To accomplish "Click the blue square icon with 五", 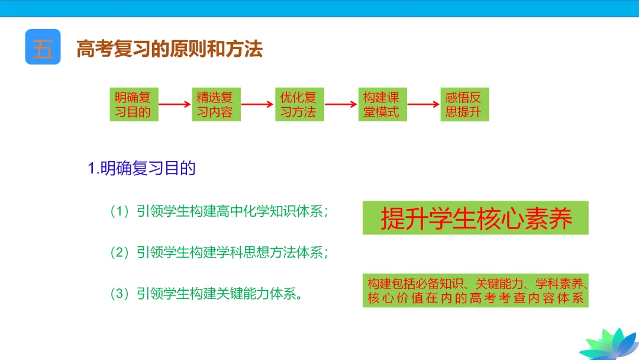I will (x=43, y=47).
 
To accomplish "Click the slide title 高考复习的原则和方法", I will (x=169, y=49).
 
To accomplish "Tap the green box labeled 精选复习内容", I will (x=216, y=105).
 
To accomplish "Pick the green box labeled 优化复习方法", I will (x=299, y=105).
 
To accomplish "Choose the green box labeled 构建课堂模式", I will (x=382, y=105).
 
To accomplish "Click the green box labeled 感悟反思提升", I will (x=464, y=105).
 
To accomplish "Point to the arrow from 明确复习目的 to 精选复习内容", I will (x=175, y=105).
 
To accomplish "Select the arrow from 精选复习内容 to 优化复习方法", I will (x=258, y=105).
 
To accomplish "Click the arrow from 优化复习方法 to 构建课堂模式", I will (x=341, y=105).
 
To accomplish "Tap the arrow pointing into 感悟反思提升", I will (x=424, y=105).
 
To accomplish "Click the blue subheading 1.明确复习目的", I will (x=142, y=169).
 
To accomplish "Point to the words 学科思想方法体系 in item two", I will (x=269, y=253).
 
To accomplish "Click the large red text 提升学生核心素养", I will (x=476, y=218).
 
